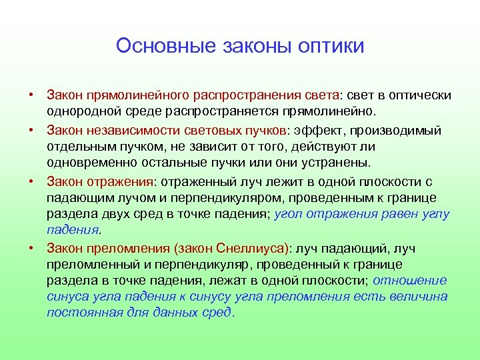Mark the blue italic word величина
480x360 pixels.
pyautogui.click(x=419, y=296)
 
